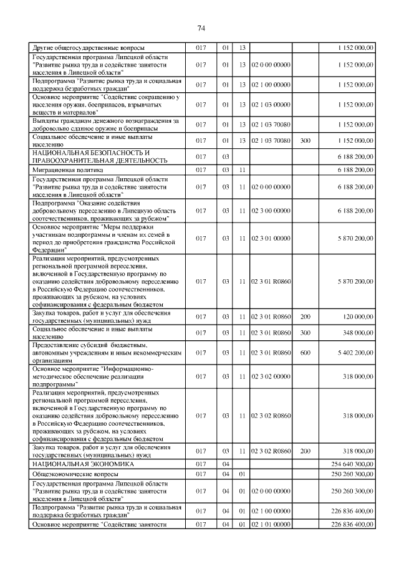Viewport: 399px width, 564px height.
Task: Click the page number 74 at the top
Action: tap(201, 28)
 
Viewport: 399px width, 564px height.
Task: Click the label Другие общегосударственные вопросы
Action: tap(89, 47)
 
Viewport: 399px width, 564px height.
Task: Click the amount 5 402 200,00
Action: tap(353, 353)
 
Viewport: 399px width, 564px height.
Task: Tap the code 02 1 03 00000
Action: tap(271, 105)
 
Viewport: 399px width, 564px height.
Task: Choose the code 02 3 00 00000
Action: tap(271, 211)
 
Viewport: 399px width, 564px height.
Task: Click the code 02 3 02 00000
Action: tap(271, 376)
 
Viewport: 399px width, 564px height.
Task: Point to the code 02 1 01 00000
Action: tap(271, 525)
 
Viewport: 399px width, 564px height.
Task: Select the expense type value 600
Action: tap(305, 353)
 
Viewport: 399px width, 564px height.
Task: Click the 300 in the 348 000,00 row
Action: tap(305, 333)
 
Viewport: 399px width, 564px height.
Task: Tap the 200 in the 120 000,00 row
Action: tap(305, 317)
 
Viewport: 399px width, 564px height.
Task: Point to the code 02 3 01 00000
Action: tap(271, 237)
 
